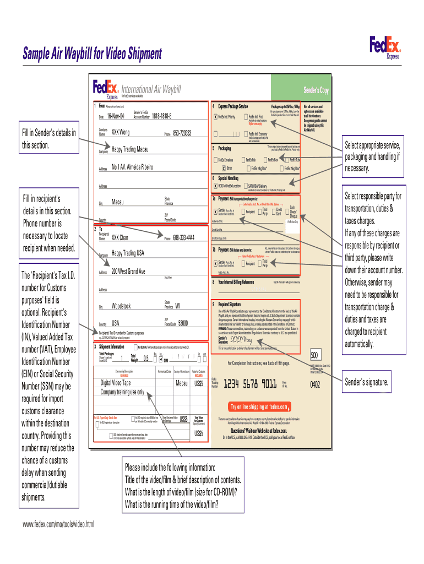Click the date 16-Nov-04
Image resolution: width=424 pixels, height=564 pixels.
(x=116, y=116)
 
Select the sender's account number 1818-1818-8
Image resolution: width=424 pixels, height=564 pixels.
(x=158, y=117)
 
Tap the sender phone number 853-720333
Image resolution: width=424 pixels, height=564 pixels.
(x=182, y=133)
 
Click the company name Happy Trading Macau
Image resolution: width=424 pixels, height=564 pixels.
(x=130, y=150)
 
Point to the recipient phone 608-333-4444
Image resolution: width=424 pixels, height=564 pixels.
(x=183, y=238)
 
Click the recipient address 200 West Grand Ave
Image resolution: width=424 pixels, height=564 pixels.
(x=128, y=272)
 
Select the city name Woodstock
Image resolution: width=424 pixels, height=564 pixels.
(x=121, y=306)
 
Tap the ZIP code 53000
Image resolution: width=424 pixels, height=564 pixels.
(x=183, y=323)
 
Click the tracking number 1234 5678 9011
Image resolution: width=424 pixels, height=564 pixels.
(x=250, y=384)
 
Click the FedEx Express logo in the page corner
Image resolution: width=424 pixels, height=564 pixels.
(x=385, y=46)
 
